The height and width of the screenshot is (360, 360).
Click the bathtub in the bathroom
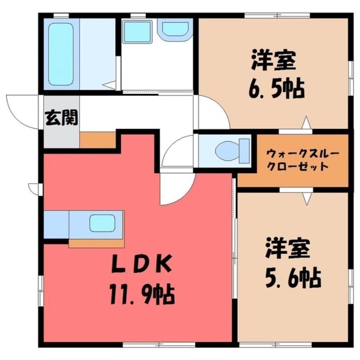[61, 54]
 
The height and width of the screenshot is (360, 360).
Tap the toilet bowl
[232, 151]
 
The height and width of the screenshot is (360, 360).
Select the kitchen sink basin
[103, 223]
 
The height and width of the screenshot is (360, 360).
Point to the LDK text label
[142, 265]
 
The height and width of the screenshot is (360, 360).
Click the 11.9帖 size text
[142, 294]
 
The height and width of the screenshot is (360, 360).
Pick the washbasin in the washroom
[175, 29]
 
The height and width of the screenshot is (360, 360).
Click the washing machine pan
[137, 31]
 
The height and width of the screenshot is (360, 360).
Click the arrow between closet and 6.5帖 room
[306, 122]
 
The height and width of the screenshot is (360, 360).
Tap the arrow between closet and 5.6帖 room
[307, 198]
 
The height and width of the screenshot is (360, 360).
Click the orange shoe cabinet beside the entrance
[98, 140]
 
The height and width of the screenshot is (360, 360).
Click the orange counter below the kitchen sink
[96, 243]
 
